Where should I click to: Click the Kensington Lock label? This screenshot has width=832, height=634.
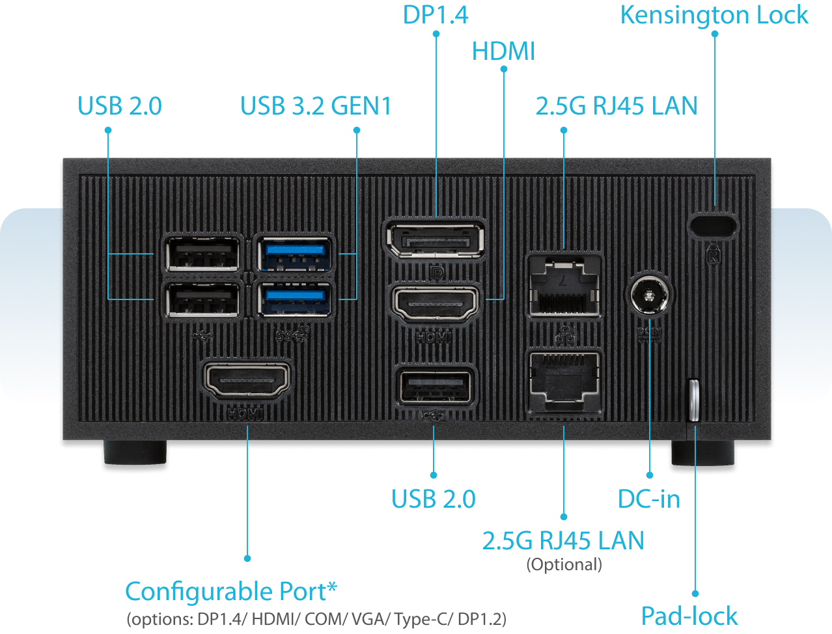tap(714, 15)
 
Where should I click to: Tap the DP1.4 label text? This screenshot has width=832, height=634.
tap(435, 15)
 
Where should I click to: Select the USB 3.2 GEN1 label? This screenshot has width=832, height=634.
tap(316, 106)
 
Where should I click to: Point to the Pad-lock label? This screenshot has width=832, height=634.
tap(689, 616)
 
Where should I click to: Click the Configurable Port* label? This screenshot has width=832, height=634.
tap(231, 592)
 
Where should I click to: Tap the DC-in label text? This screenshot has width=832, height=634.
tap(648, 499)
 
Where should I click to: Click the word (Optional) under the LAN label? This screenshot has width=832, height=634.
tap(564, 564)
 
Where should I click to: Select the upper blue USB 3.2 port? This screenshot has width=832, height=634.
tap(295, 254)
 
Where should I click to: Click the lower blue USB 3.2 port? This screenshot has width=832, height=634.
tap(295, 300)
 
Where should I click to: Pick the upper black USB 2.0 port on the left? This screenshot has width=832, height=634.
tap(202, 254)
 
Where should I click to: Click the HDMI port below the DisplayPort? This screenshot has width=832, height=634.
tap(434, 303)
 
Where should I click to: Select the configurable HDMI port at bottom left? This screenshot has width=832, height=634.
tap(247, 379)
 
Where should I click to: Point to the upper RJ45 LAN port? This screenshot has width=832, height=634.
tap(564, 286)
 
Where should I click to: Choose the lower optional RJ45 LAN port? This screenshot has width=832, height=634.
tap(564, 381)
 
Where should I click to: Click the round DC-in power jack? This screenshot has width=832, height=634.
tap(650, 295)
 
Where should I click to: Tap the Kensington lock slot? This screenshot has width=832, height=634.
tap(713, 225)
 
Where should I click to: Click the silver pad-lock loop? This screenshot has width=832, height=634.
tap(694, 400)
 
